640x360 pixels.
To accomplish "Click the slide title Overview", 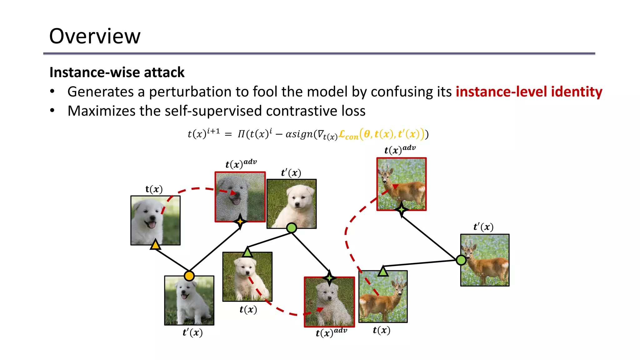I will tap(95, 36).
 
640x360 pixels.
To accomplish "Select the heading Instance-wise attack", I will tap(117, 72).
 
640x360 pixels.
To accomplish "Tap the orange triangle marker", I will tap(155, 245).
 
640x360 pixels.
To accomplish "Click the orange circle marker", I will tap(189, 276).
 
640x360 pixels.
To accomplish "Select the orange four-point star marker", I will tap(240, 221).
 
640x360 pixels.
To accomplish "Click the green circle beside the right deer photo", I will tap(461, 260).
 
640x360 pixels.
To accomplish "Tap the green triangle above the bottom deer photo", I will tap(383, 271).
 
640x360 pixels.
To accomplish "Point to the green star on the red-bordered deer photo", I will tap(402, 209).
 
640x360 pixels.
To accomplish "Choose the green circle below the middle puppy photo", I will tap(292, 228).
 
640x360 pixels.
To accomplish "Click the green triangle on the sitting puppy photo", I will tap(247, 252).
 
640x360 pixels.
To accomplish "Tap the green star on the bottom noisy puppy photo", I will tap(329, 278).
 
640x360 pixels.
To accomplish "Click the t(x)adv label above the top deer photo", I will tap(400, 149).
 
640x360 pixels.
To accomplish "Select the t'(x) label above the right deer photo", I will tap(483, 227).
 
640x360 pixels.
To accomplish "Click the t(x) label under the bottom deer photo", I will tap(382, 330).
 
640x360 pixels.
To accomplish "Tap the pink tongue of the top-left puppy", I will tap(152, 224).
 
